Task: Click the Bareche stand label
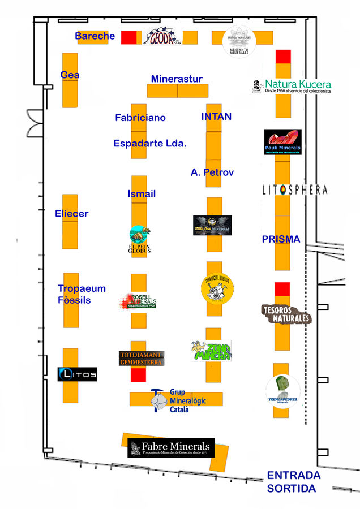(95, 36)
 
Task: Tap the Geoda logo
(161, 37)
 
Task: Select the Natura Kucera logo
(293, 86)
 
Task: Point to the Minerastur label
(177, 79)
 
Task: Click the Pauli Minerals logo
(283, 142)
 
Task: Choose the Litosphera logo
(294, 189)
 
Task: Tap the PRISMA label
(281, 239)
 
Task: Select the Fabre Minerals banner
(172, 448)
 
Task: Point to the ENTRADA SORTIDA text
(293, 481)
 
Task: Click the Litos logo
(78, 374)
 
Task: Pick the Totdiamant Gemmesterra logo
(141, 358)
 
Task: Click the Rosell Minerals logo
(138, 303)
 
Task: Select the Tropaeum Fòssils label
(82, 294)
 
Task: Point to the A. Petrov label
(212, 172)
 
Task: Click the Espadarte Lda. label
(150, 143)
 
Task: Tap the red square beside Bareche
(130, 37)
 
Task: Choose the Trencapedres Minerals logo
(283, 390)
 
